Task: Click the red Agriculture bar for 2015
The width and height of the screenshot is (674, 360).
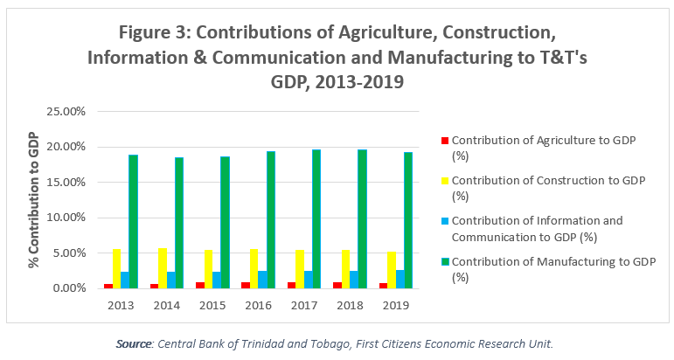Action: coord(200,285)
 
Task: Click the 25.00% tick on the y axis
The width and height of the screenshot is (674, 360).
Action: coord(69,112)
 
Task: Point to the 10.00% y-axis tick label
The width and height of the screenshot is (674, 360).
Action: coord(69,218)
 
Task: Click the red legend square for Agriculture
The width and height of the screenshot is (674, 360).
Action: coord(444,140)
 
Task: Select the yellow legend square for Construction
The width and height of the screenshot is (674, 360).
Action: coord(444,180)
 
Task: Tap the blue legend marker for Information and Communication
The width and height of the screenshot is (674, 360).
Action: coord(444,220)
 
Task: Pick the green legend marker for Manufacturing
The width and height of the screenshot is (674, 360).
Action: coord(444,260)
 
